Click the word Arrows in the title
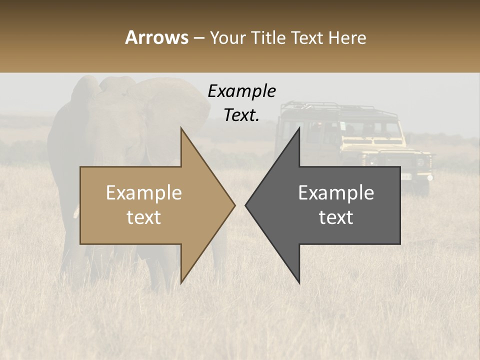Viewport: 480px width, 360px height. (x=156, y=37)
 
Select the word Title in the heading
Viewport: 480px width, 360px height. (x=270, y=38)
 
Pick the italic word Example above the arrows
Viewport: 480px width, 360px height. (x=241, y=91)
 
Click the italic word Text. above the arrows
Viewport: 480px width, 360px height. (x=241, y=115)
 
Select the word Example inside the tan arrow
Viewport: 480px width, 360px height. (x=144, y=193)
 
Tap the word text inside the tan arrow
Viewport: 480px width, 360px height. (x=144, y=217)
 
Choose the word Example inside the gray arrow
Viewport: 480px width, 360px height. (x=336, y=193)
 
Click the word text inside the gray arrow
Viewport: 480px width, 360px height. (x=336, y=217)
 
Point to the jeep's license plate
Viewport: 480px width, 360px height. (x=406, y=176)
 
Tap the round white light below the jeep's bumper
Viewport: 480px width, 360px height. (x=428, y=177)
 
